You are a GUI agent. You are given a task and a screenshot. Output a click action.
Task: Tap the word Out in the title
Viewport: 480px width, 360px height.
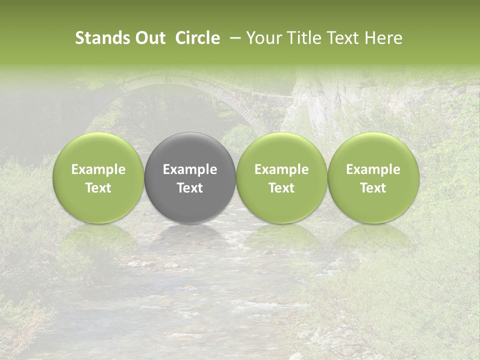149,38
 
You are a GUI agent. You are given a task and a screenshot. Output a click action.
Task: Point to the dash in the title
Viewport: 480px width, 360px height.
233,38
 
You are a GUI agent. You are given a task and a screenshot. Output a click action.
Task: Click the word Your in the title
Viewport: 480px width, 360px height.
262,38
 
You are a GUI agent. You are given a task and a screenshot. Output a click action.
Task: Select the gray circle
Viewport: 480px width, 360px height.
190,177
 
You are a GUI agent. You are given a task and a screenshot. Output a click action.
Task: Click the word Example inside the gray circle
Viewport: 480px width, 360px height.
190,169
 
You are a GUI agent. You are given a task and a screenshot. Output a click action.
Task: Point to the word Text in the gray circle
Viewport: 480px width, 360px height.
190,188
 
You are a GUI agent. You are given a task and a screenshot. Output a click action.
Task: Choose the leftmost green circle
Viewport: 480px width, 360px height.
98,177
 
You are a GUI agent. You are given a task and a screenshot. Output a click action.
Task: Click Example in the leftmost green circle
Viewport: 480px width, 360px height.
98,169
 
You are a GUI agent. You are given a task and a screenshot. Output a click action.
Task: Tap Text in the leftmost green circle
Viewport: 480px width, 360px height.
98,188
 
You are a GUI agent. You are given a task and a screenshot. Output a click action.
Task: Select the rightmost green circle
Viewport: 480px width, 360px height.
373,177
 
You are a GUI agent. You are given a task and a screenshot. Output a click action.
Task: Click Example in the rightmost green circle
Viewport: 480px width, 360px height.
373,169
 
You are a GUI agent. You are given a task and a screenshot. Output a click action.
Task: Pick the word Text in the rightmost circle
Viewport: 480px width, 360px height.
373,188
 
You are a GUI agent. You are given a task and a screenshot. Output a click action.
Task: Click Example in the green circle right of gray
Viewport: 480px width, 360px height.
281,169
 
